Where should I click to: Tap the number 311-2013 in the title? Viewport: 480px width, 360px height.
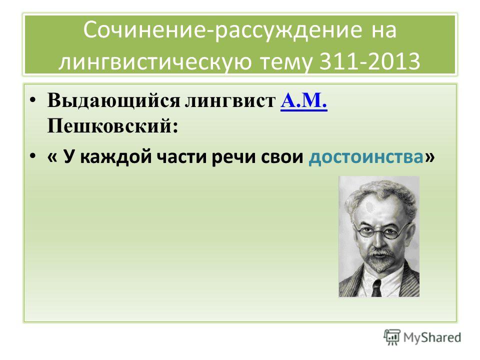370,61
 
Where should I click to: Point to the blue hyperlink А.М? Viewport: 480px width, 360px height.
303,100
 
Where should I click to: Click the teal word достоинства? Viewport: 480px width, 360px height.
366,157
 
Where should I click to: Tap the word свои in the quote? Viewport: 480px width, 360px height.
282,157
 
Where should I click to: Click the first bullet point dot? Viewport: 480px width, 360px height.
33,100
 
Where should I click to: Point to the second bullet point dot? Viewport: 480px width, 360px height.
33,156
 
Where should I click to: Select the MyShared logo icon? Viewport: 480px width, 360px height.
392,337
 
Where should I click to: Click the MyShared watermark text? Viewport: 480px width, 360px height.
432,337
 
